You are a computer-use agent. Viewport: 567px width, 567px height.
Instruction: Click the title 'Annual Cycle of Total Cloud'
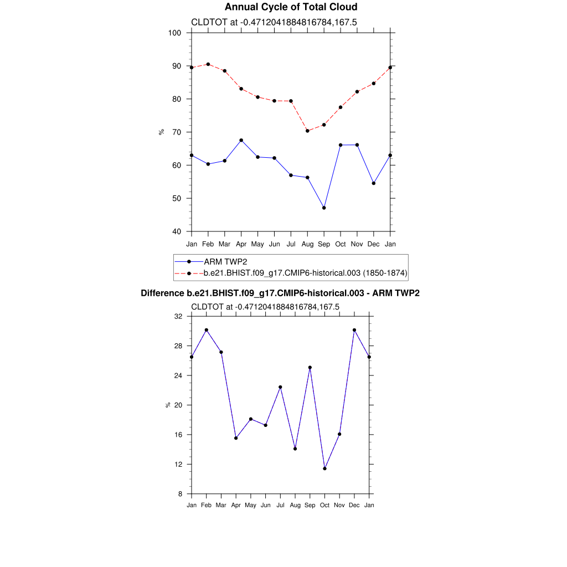coord(291,7)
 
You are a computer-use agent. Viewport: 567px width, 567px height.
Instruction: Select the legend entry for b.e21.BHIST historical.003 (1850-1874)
coord(305,273)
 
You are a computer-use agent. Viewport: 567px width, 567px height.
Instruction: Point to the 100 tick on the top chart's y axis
coord(175,33)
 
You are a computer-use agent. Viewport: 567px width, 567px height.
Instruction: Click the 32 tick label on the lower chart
coord(178,317)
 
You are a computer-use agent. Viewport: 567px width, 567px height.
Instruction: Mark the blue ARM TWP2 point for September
coord(324,208)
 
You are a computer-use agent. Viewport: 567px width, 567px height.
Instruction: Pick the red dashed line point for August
coord(307,131)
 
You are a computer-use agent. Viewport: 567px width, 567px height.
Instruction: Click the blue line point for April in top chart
coord(241,140)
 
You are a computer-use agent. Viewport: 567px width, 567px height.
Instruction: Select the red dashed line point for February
coord(208,64)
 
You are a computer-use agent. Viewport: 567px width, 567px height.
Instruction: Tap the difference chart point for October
coord(325,468)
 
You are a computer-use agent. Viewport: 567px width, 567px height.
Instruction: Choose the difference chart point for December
coord(354,330)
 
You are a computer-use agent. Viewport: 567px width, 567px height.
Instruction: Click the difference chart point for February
coord(207,330)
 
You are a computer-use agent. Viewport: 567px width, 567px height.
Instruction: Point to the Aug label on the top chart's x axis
coord(307,244)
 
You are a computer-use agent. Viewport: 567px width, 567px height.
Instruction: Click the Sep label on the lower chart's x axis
coord(310,505)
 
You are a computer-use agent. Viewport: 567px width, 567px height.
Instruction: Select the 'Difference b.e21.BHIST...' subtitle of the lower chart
coord(280,293)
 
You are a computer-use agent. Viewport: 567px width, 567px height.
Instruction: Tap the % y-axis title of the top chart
coord(161,132)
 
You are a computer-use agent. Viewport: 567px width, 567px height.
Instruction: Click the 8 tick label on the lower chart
coord(181,494)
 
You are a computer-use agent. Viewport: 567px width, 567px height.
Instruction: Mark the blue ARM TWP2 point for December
coord(374,183)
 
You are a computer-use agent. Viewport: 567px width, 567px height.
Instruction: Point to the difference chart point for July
coord(281,387)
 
